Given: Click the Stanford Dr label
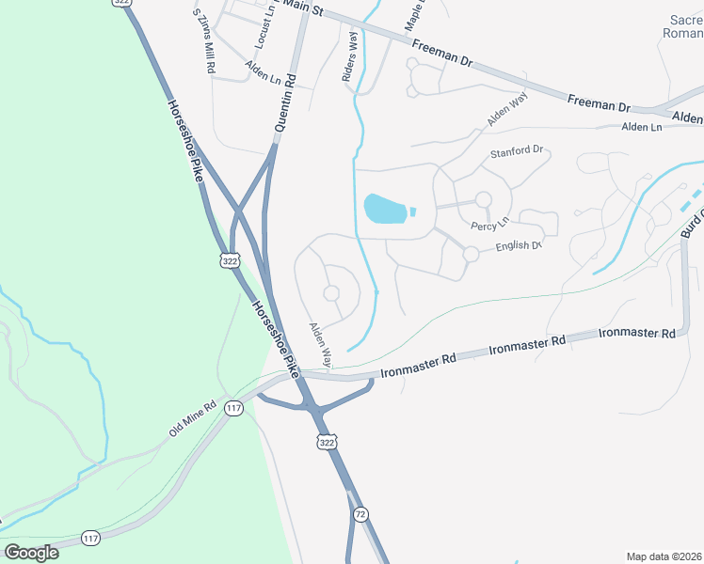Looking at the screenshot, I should click(517, 150).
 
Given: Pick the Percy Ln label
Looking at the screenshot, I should click(490, 222).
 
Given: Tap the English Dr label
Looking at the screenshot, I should click(519, 247).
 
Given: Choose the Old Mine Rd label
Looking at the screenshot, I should click(193, 419).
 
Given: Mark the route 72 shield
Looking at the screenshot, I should click(360, 514).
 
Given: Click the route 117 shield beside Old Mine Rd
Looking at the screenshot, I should click(234, 408).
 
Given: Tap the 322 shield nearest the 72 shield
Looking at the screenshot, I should click(327, 442).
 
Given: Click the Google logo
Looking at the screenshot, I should click(32, 552).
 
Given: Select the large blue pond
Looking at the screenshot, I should click(384, 209).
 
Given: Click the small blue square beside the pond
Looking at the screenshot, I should click(413, 209).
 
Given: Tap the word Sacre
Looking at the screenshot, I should click(686, 19).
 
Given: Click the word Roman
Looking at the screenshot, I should click(684, 33).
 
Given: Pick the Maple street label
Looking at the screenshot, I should click(413, 13).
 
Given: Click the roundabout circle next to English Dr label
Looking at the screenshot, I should click(471, 254).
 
